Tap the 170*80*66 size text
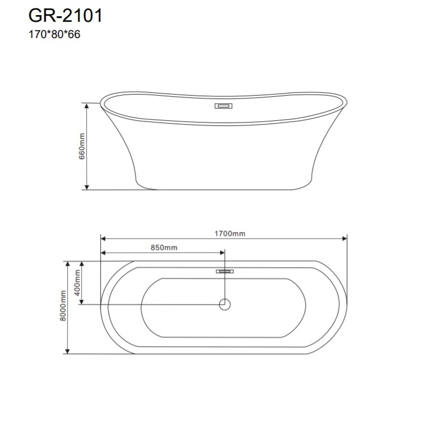coord(54,35)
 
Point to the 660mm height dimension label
coord(82,147)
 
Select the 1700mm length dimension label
coord(230,234)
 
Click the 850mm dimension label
coord(164,248)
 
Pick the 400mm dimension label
coord(77,282)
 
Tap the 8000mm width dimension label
coord(63,306)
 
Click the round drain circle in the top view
coord(225,305)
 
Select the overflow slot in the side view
coord(223,106)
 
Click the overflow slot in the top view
coord(225,272)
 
